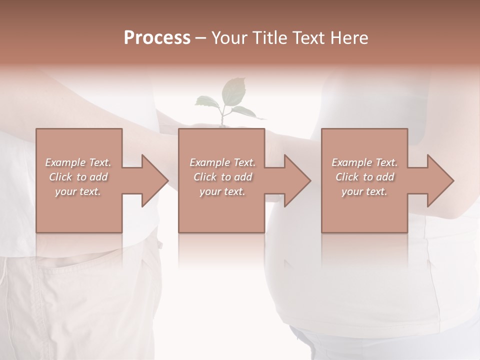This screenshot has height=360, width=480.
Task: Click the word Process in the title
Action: click(x=157, y=38)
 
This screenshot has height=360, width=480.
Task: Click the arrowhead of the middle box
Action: click(x=296, y=180)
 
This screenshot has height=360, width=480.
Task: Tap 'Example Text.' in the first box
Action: click(x=78, y=162)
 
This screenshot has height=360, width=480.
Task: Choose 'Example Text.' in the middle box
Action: click(x=222, y=162)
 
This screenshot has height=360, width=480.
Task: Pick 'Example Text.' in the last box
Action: click(x=364, y=162)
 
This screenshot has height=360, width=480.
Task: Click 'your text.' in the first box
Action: click(x=78, y=191)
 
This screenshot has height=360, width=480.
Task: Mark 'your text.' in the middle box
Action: click(x=222, y=191)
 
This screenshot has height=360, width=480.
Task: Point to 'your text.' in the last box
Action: click(x=364, y=191)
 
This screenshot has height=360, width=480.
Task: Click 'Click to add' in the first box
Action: click(x=78, y=177)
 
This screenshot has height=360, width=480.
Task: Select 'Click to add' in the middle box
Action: click(x=222, y=177)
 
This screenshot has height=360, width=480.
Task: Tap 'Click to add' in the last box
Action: click(x=365, y=177)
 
